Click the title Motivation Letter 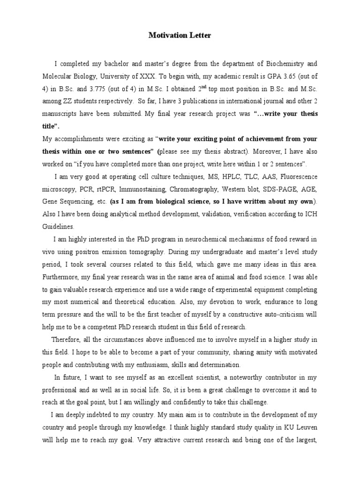pos(180,35)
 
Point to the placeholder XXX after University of pos(160,75)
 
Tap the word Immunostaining pos(142,189)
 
